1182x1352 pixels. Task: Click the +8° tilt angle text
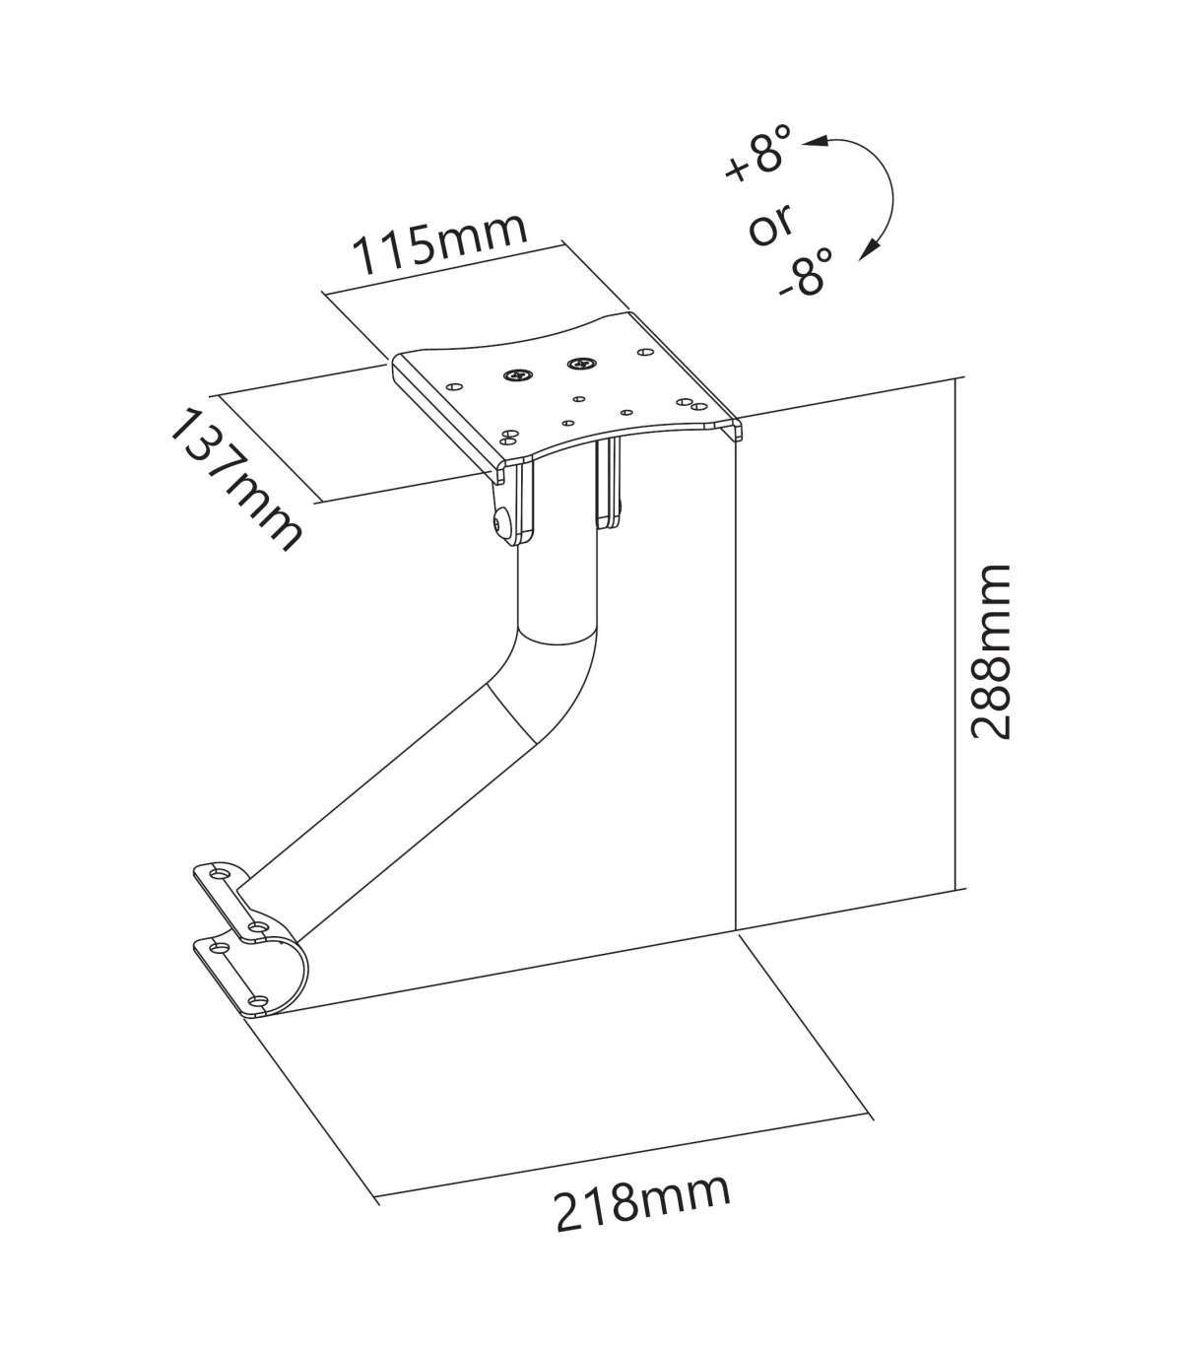(757, 161)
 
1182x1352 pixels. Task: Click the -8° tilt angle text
(805, 272)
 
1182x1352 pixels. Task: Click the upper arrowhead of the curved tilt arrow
(814, 144)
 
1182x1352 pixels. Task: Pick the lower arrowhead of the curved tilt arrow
(866, 254)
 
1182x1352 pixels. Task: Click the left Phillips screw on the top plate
(518, 375)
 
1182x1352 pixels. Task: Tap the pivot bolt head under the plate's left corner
(501, 524)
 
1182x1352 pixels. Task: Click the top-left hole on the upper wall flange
(219, 874)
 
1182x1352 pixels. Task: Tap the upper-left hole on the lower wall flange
(218, 947)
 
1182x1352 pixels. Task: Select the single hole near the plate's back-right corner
(645, 350)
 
